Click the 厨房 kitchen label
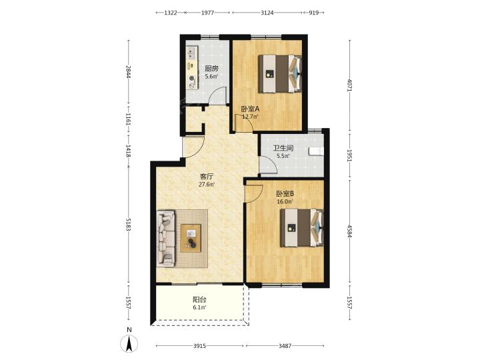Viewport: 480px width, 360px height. pos(211,68)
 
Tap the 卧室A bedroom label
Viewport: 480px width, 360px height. pos(250,109)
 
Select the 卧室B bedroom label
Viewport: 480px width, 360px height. pos(285,194)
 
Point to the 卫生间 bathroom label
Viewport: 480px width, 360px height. pos(283,149)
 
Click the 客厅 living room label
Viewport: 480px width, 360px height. pos(206,177)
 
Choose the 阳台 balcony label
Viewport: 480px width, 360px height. pos(199,300)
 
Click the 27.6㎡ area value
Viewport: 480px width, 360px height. pos(207,185)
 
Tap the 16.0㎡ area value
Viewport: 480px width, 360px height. pos(285,202)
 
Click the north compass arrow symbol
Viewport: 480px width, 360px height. pos(129,343)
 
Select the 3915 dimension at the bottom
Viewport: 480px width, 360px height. pos(199,346)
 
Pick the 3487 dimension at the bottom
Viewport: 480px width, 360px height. pos(285,346)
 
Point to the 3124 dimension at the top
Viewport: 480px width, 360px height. pos(267,13)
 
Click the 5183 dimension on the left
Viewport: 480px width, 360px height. pos(128,225)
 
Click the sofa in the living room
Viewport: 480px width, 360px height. pos(165,238)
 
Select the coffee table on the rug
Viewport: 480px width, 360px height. pos(191,238)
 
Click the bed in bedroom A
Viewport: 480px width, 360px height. pos(280,73)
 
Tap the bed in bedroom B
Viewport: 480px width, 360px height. pos(302,228)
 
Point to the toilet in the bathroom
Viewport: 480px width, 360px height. pos(316,151)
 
